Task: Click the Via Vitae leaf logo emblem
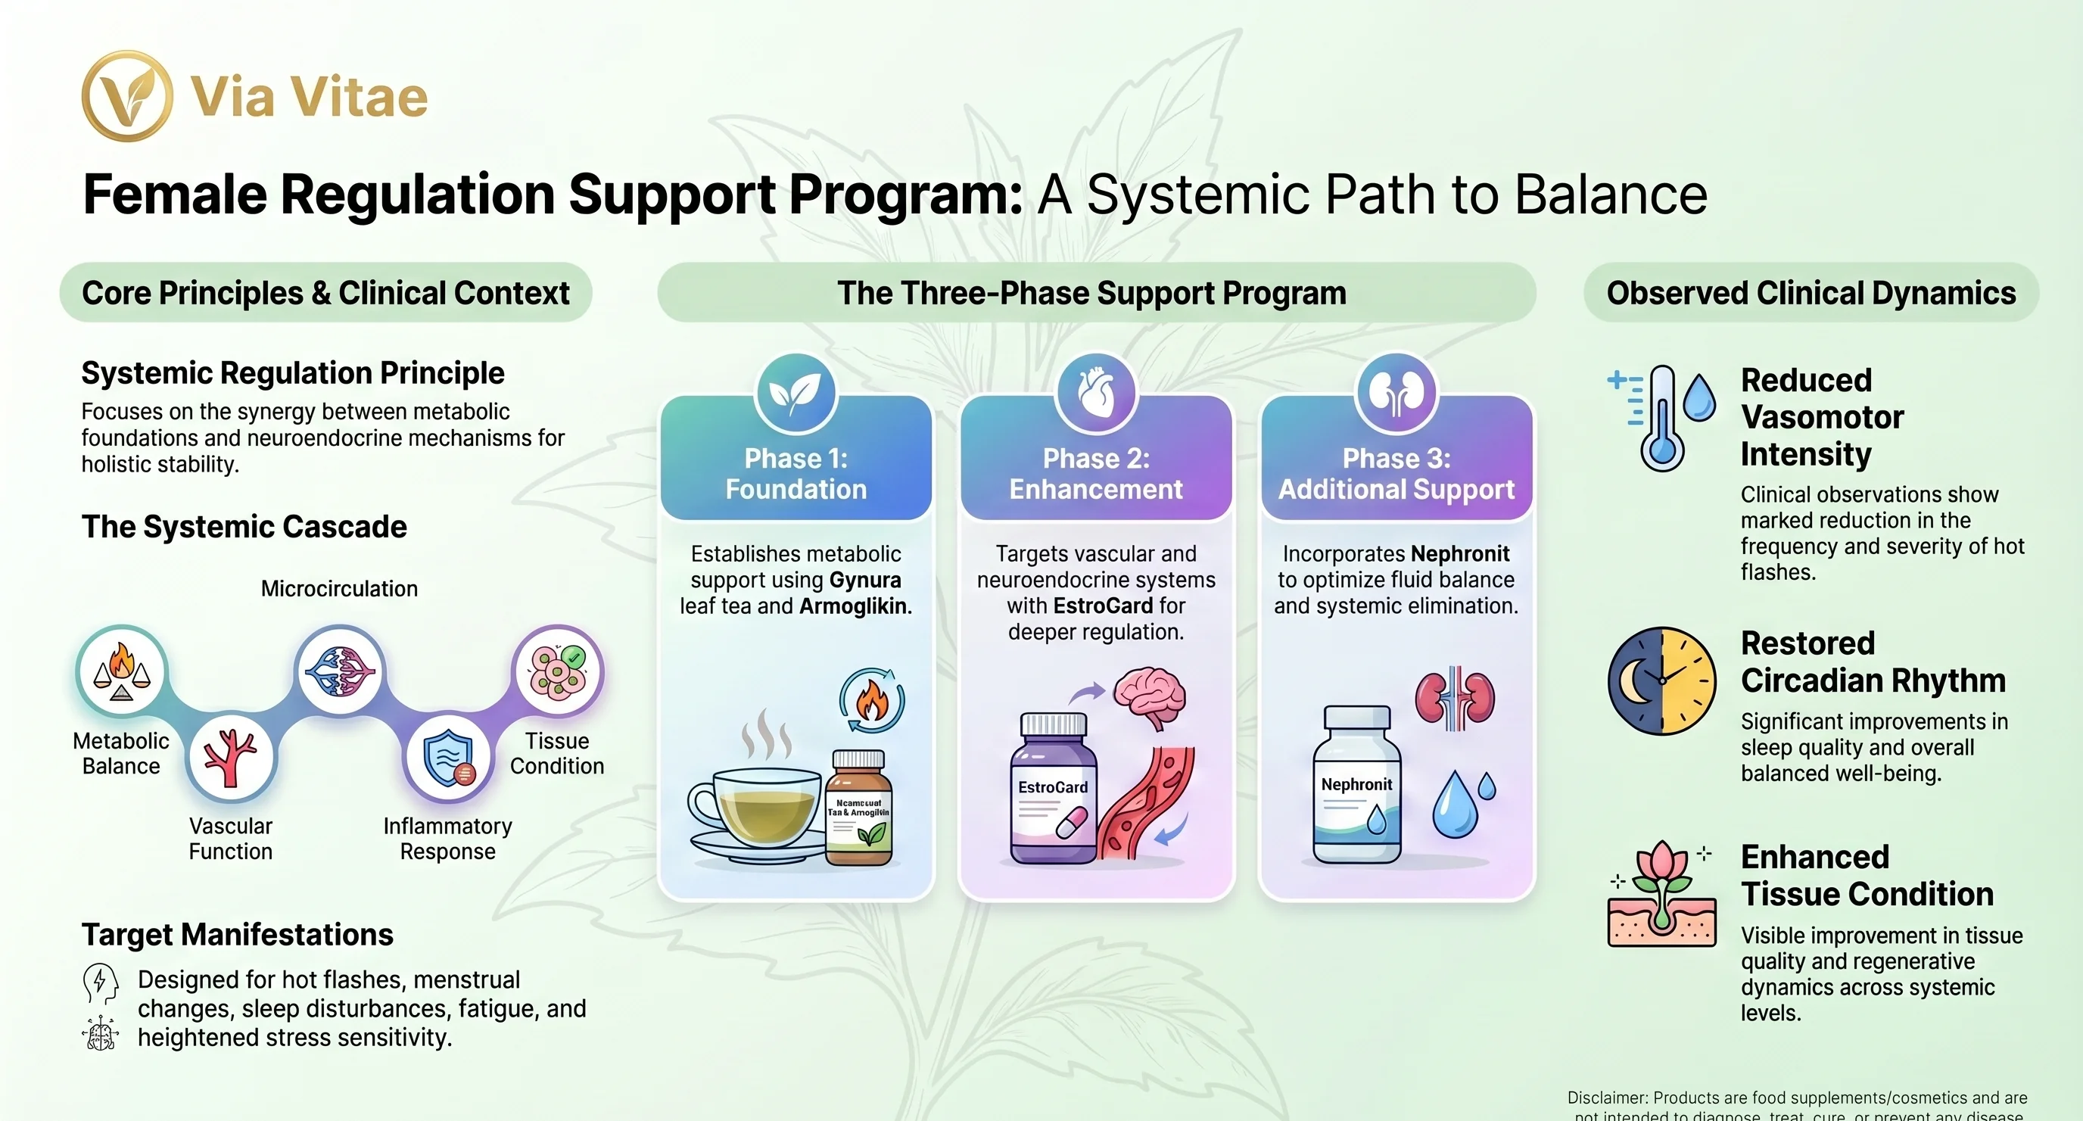tap(127, 96)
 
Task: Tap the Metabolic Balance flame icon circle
tap(122, 671)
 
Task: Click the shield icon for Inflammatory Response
tap(448, 757)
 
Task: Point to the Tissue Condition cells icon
tap(557, 671)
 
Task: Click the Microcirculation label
tap(339, 589)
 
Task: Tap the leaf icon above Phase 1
tap(795, 393)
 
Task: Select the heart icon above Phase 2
tap(1096, 393)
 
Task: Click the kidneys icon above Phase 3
tap(1396, 393)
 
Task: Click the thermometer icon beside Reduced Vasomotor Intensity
tap(1661, 418)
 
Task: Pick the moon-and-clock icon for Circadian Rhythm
tap(1661, 681)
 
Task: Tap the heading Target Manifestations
tap(237, 935)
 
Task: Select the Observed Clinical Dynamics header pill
tap(1811, 293)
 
